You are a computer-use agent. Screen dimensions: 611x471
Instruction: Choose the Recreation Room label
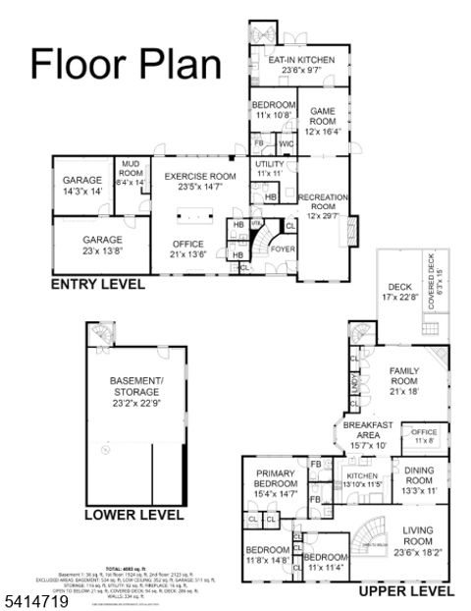click(x=323, y=206)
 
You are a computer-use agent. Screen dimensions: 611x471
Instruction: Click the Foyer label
click(x=283, y=250)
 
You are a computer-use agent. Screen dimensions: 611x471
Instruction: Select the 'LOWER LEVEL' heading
click(x=133, y=514)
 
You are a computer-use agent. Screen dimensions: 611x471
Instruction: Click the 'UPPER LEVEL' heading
click(x=405, y=591)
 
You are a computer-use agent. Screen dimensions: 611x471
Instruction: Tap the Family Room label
click(x=404, y=384)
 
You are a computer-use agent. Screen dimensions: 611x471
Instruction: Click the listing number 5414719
click(x=36, y=597)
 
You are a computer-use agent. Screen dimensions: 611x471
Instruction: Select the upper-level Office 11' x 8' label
click(x=424, y=435)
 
